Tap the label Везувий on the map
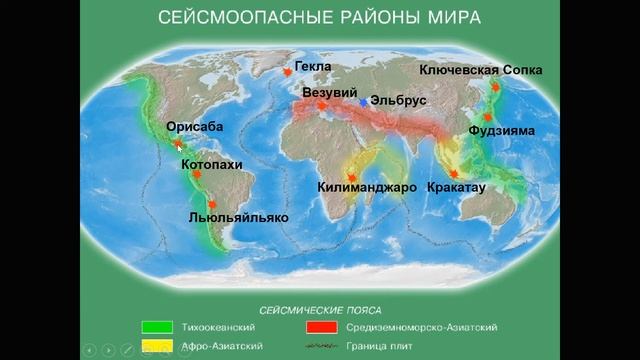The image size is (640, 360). coord(330,93)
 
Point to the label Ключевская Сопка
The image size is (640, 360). coord(481,70)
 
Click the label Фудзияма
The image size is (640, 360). coord(501,130)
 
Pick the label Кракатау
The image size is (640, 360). coord(455,187)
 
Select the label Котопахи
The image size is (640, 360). coord(211,165)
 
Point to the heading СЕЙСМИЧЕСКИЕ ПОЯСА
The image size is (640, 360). coord(319,309)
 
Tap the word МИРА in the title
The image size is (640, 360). coord(446,17)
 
